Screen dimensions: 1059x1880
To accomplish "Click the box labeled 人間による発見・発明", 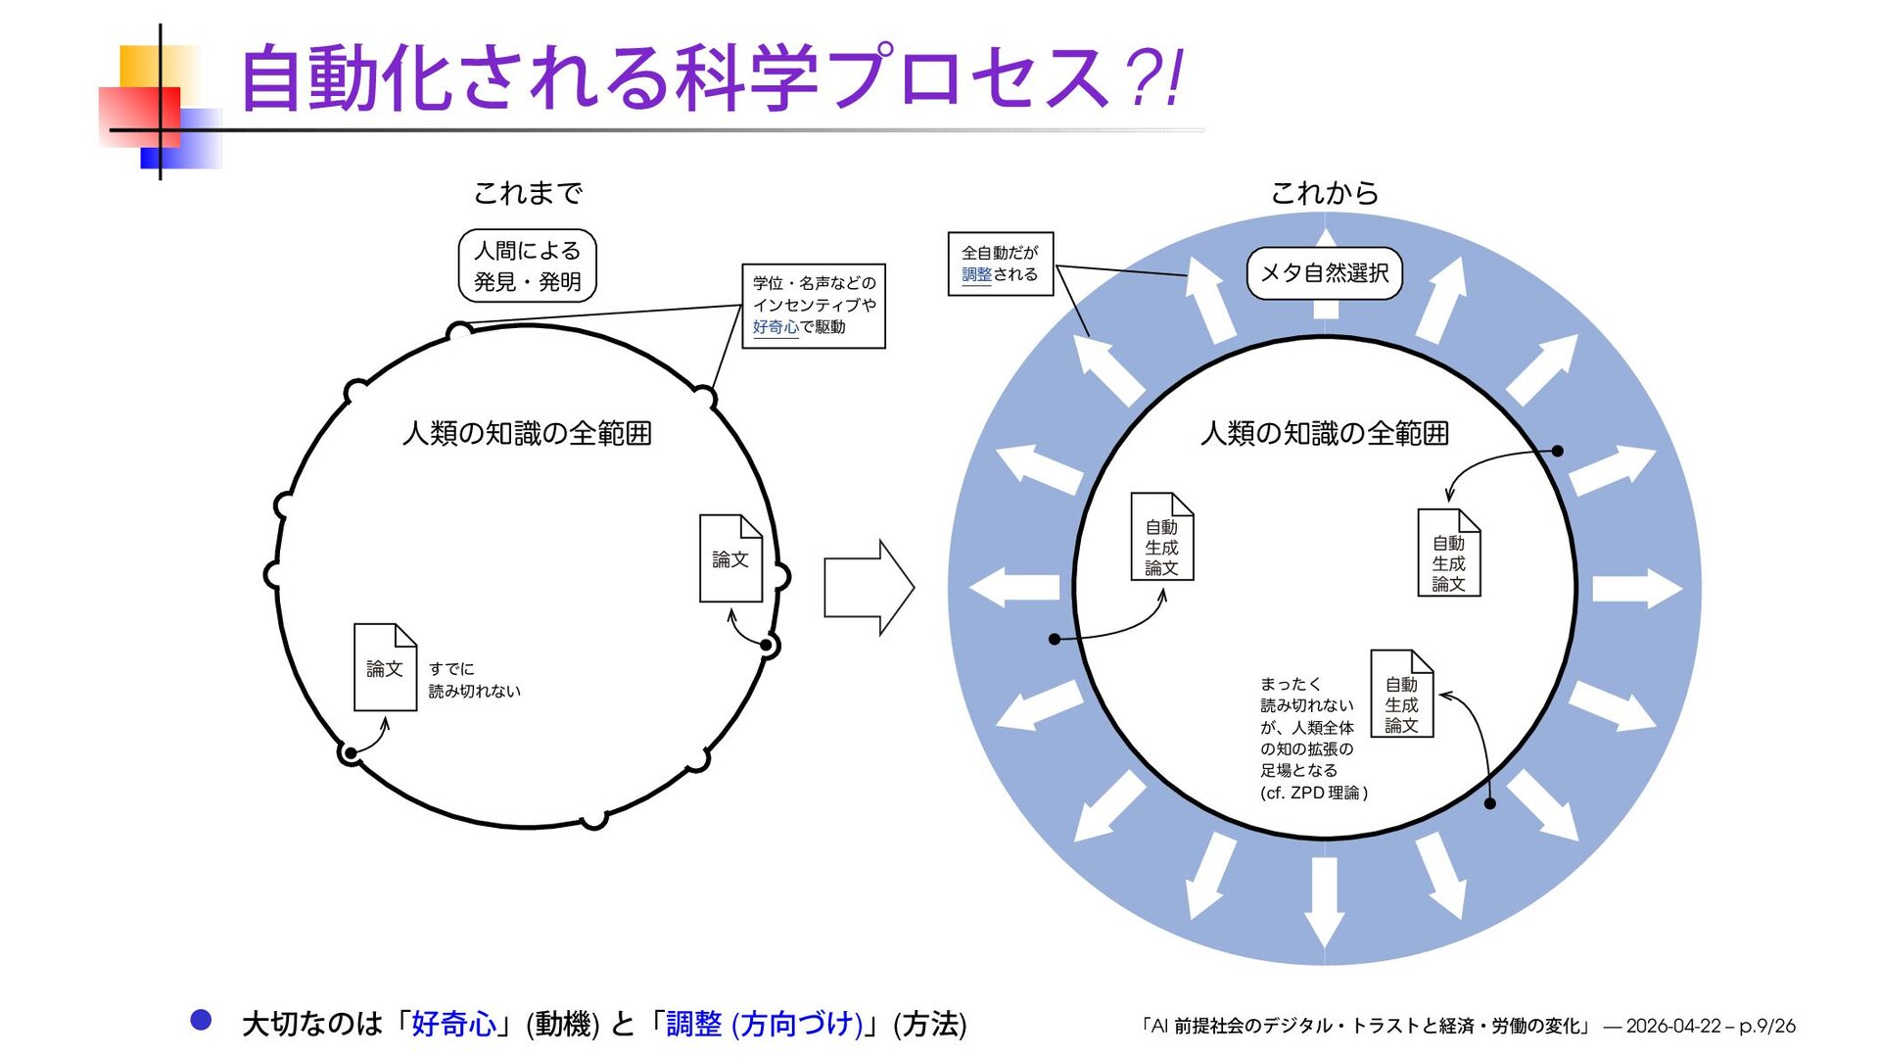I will [527, 265].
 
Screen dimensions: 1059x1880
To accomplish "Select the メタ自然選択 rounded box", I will [1324, 273].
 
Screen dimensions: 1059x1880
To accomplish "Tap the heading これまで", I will [528, 193].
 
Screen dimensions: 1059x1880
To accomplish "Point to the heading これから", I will [1324, 193].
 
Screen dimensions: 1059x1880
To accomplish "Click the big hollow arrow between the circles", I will [868, 588].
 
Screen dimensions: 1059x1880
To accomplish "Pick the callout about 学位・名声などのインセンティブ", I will [813, 306].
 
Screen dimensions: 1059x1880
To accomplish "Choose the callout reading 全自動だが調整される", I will [1000, 264].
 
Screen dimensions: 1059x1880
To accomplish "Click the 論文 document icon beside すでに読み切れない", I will [385, 667].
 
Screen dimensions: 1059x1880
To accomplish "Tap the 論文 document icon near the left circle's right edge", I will [730, 558].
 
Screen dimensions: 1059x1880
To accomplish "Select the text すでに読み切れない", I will [474, 680].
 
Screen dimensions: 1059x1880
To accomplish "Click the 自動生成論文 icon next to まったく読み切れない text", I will [1401, 694].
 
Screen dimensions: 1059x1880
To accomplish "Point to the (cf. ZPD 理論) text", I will [1314, 793].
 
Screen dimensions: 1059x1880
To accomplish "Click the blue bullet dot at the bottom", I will [201, 1020].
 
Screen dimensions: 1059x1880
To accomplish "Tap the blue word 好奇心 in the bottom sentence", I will [453, 1024].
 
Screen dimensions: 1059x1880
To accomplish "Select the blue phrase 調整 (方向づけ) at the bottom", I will [764, 1024].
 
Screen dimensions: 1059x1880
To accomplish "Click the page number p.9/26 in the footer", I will [1767, 1026].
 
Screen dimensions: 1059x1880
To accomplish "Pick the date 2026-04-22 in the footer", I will [1672, 1026].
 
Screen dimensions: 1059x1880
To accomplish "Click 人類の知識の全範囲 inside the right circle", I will [1324, 433].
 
